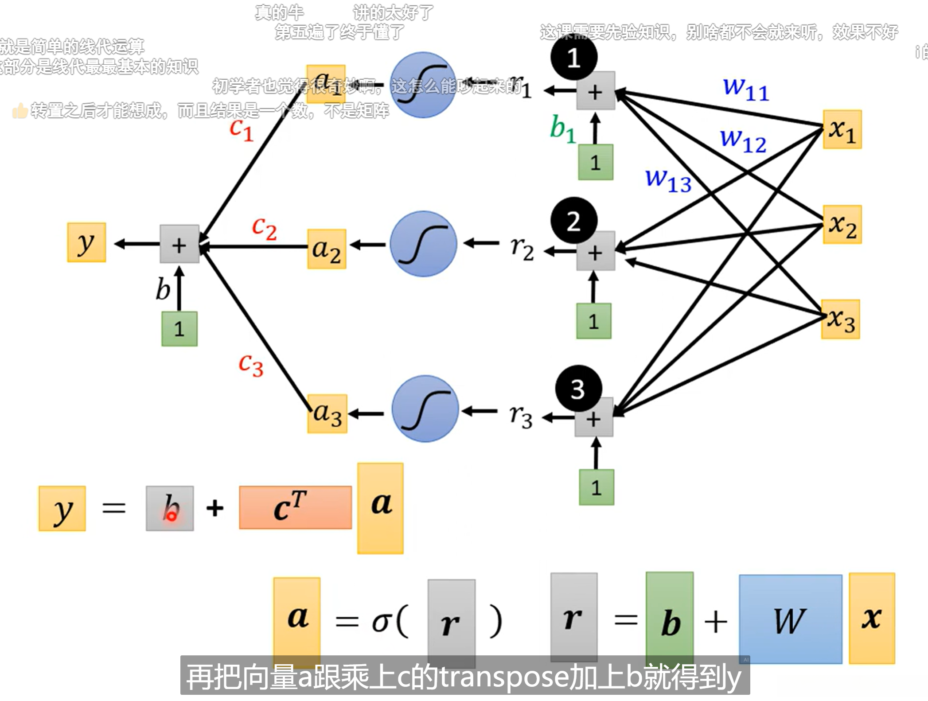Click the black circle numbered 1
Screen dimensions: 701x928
pyautogui.click(x=573, y=58)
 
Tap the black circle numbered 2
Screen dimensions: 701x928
pyautogui.click(x=573, y=221)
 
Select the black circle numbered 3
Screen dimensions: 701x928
pyautogui.click(x=578, y=389)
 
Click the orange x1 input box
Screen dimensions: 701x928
pyautogui.click(x=842, y=129)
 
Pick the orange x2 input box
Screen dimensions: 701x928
pyautogui.click(x=842, y=224)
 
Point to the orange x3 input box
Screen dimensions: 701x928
pyautogui.click(x=840, y=319)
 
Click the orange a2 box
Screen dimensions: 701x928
pyautogui.click(x=327, y=249)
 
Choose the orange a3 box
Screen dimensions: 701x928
pyautogui.click(x=327, y=414)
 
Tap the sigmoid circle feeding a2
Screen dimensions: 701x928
pyautogui.click(x=423, y=244)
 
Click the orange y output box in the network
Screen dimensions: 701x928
pyautogui.click(x=86, y=242)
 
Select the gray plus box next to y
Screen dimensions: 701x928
pyautogui.click(x=179, y=244)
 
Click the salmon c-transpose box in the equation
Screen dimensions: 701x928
pyautogui.click(x=295, y=507)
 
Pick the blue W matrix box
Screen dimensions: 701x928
pyautogui.click(x=790, y=619)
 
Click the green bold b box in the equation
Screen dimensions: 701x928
pyautogui.click(x=670, y=618)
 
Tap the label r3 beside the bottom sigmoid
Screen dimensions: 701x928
pyautogui.click(x=521, y=416)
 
